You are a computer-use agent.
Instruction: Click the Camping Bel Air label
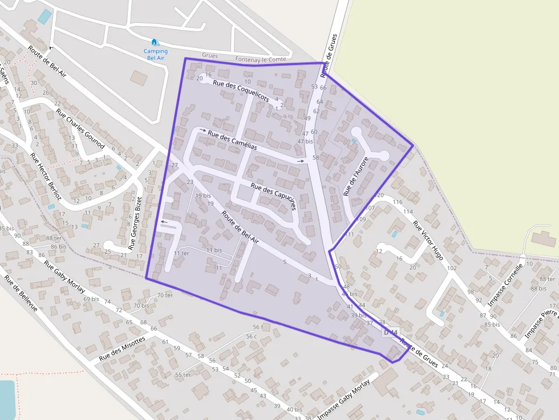[155, 55]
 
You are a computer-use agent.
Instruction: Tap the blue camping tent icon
[155, 42]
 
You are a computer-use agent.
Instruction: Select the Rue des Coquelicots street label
[241, 91]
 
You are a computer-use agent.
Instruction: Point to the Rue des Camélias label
[232, 140]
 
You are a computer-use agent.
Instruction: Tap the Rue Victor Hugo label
[428, 240]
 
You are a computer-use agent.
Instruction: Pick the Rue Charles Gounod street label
[80, 129]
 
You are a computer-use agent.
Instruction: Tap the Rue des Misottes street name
[121, 348]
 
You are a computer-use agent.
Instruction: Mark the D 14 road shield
[391, 332]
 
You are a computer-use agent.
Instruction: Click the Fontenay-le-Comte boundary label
[261, 59]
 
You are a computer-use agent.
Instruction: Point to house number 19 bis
[203, 195]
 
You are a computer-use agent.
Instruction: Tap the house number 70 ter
[165, 295]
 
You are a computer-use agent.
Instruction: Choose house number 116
[398, 202]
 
